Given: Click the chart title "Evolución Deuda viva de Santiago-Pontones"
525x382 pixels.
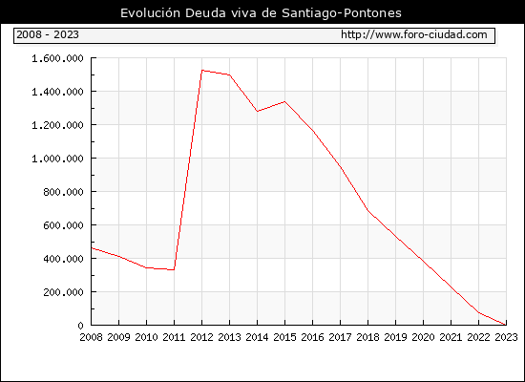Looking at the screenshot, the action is pyautogui.click(x=261, y=13).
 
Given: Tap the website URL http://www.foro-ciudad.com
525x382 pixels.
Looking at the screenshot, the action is pyautogui.click(x=414, y=34).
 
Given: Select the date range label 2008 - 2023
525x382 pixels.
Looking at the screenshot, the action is pyautogui.click(x=48, y=34).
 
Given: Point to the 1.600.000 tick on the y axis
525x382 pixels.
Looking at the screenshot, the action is pyautogui.click(x=57, y=58).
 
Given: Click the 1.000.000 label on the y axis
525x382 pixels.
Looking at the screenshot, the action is pyautogui.click(x=57, y=159).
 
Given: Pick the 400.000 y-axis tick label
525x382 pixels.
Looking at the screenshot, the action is pyautogui.click(x=63, y=259).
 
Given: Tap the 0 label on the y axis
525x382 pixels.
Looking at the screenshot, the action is pyautogui.click(x=80, y=326).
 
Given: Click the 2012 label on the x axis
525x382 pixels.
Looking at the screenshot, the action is pyautogui.click(x=201, y=337).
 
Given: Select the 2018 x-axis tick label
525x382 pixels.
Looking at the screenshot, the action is pyautogui.click(x=367, y=337).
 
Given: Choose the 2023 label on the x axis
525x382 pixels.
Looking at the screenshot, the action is pyautogui.click(x=506, y=337).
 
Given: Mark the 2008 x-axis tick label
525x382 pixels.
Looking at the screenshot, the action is pyautogui.click(x=91, y=337).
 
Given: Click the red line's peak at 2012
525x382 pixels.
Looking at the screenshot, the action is pyautogui.click(x=202, y=71).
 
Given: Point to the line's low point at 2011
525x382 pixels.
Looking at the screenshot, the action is pyautogui.click(x=174, y=269).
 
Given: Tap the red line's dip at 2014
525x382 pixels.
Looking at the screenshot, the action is pyautogui.click(x=257, y=111).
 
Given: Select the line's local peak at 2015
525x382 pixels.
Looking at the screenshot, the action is pyautogui.click(x=285, y=101).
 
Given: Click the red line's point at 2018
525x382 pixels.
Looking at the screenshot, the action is pyautogui.click(x=367, y=210).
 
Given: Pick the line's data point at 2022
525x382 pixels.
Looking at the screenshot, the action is pyautogui.click(x=479, y=312).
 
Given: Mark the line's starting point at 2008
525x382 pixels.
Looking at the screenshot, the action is pyautogui.click(x=92, y=248).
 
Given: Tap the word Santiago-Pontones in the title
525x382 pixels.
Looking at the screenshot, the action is pyautogui.click(x=342, y=13).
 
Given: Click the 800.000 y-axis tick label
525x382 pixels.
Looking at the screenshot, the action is pyautogui.click(x=63, y=192).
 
